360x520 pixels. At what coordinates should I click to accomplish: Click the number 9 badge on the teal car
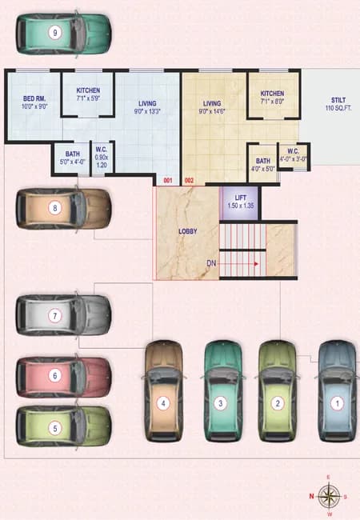pyautogui.click(x=55, y=33)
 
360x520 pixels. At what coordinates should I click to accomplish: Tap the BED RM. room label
pyautogui.click(x=34, y=99)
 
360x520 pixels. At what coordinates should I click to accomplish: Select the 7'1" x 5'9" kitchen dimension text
pyautogui.click(x=88, y=98)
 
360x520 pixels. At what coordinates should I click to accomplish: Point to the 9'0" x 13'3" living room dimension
pyautogui.click(x=147, y=111)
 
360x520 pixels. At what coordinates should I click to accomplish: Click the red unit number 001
pyautogui.click(x=168, y=181)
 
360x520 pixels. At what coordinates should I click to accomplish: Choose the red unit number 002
pyautogui.click(x=189, y=181)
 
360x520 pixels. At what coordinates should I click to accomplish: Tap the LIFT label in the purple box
pyautogui.click(x=240, y=198)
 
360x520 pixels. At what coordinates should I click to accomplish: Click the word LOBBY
pyautogui.click(x=188, y=231)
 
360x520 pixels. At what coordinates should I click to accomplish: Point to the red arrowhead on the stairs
pyautogui.click(x=256, y=264)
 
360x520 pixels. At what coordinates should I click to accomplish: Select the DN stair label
pyautogui.click(x=211, y=263)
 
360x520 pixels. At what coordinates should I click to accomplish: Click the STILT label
pyautogui.click(x=338, y=100)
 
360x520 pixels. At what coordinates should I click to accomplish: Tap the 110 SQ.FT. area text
pyautogui.click(x=338, y=108)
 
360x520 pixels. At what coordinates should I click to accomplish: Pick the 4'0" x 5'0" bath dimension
pyautogui.click(x=263, y=169)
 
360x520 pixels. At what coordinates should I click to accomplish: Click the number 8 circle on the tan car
pyautogui.click(x=55, y=208)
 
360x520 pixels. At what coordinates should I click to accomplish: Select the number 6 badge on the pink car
pyautogui.click(x=55, y=376)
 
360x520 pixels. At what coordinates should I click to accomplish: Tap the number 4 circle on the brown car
pyautogui.click(x=163, y=403)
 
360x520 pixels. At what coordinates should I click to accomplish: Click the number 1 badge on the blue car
pyautogui.click(x=338, y=403)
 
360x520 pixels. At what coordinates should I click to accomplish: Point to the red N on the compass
pyautogui.click(x=312, y=496)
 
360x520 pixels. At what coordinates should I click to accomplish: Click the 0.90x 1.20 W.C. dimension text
pyautogui.click(x=102, y=161)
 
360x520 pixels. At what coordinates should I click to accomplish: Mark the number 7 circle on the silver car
pyautogui.click(x=55, y=316)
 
